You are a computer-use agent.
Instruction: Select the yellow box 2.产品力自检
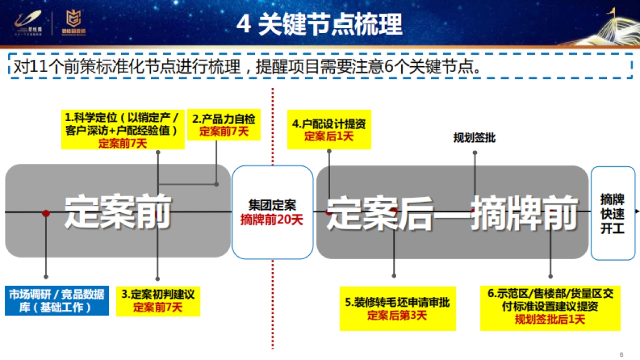tap(223, 125)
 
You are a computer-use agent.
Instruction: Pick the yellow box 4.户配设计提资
tap(329, 130)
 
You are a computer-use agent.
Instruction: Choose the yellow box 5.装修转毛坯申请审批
tap(397, 309)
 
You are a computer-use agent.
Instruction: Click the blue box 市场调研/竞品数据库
tap(57, 301)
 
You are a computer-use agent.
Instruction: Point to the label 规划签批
tap(474, 138)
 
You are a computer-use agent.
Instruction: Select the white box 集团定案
tap(272, 212)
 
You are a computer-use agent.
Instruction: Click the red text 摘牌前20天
tap(272, 219)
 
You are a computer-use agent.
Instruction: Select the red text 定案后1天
tap(329, 136)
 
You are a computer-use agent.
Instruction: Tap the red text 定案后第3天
tap(397, 315)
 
